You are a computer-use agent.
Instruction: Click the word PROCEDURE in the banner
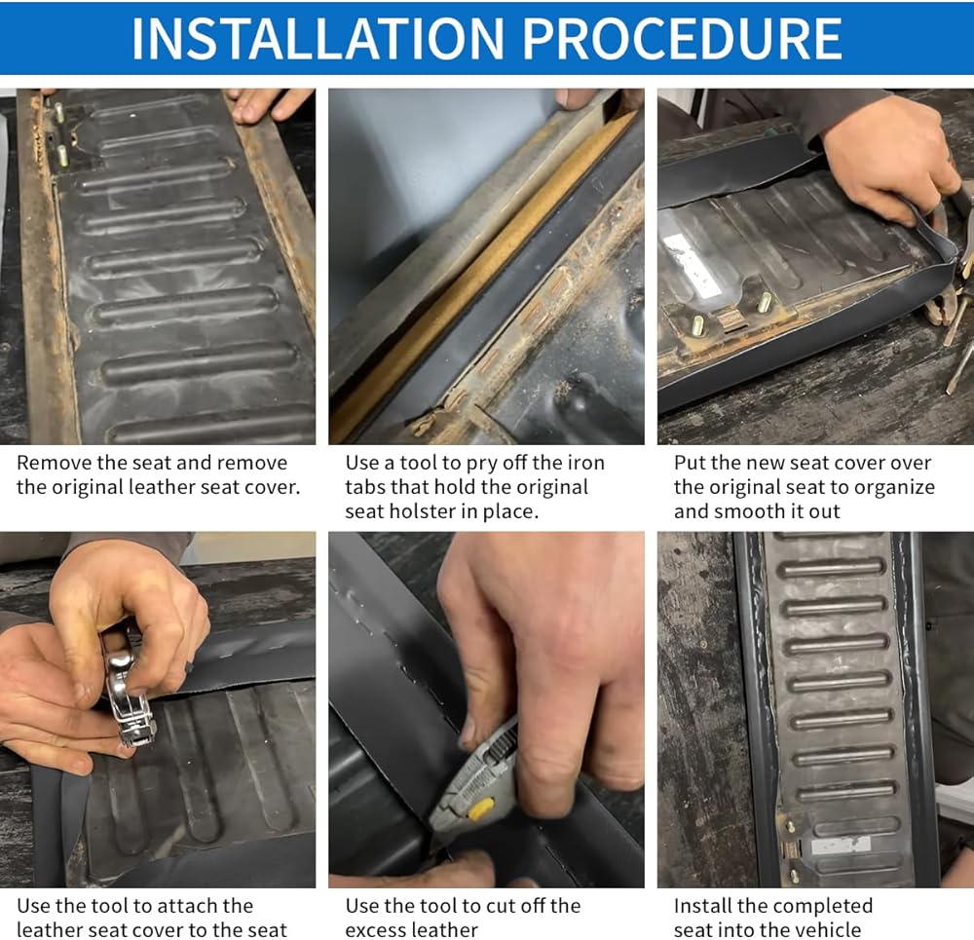[682, 39]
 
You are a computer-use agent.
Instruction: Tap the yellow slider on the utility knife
[479, 809]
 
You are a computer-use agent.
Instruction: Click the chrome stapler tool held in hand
[130, 695]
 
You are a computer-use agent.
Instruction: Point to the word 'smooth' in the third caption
[747, 511]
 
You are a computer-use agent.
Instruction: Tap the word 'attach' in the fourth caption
[162, 906]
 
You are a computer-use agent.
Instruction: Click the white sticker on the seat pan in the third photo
[693, 265]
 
